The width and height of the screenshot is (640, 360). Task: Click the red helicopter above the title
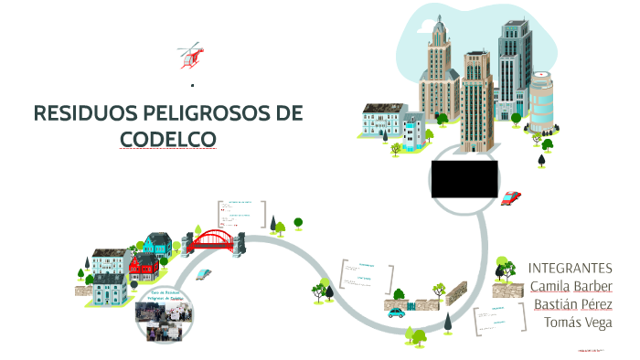pyautogui.click(x=192, y=55)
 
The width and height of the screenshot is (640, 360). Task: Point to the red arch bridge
pyautogui.click(x=214, y=240)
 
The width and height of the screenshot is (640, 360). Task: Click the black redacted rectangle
pyautogui.click(x=464, y=177)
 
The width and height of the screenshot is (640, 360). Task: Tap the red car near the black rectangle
pyautogui.click(x=511, y=196)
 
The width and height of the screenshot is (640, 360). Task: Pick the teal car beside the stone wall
pyautogui.click(x=396, y=312)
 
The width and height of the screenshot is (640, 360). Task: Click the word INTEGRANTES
pyautogui.click(x=570, y=268)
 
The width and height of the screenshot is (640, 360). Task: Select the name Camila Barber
pyautogui.click(x=571, y=286)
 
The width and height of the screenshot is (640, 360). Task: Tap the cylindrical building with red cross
pyautogui.click(x=541, y=101)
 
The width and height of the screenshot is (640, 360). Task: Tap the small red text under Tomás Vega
pyautogui.click(x=593, y=350)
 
